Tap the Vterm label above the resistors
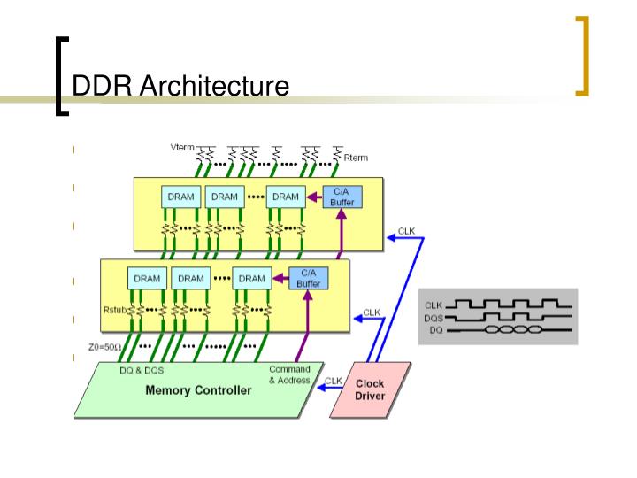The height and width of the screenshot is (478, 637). [x=181, y=147]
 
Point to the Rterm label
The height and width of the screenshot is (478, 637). [x=356, y=158]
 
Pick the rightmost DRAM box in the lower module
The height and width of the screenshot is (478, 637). [x=251, y=278]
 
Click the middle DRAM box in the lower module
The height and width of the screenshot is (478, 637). [x=191, y=278]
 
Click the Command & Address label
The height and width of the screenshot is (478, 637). [x=288, y=374]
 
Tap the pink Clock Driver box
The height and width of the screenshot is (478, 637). [x=370, y=389]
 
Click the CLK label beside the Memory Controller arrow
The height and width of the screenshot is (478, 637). [x=333, y=382]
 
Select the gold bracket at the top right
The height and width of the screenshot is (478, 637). [x=582, y=55]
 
